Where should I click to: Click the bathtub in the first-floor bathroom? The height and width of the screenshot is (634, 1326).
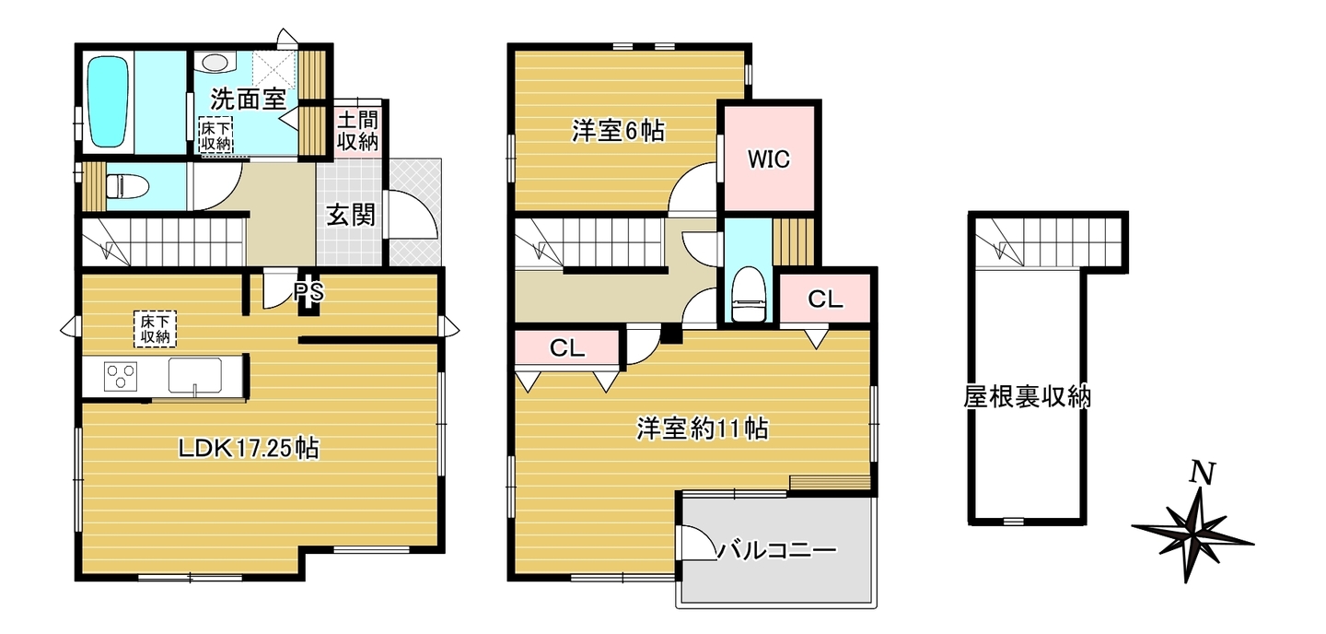108,101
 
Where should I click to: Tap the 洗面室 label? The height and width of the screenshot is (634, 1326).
248,99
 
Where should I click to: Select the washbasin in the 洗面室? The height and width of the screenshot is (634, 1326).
215,62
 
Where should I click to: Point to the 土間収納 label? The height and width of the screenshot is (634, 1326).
357,130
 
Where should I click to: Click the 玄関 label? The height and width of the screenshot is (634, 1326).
351,215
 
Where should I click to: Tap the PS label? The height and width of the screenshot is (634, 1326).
309,291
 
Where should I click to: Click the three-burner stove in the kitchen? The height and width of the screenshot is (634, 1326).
121,376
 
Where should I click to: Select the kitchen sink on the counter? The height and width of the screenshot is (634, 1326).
195,376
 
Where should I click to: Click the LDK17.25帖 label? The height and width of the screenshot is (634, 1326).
249,449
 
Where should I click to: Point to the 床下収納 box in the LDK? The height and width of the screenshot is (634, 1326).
155,329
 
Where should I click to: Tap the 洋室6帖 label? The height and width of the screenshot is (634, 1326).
617,131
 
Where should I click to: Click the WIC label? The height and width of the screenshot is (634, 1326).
768,158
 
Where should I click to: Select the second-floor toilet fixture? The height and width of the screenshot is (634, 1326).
749,294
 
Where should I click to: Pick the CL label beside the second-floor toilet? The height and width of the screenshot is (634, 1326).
825,299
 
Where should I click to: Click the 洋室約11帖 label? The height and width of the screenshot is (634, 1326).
703,428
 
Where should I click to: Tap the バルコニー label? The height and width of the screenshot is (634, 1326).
777,551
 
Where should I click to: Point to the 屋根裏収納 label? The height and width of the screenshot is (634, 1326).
1027,397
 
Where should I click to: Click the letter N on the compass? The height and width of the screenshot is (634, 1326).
1203,474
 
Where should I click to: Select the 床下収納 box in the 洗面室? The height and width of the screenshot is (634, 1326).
216,135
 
